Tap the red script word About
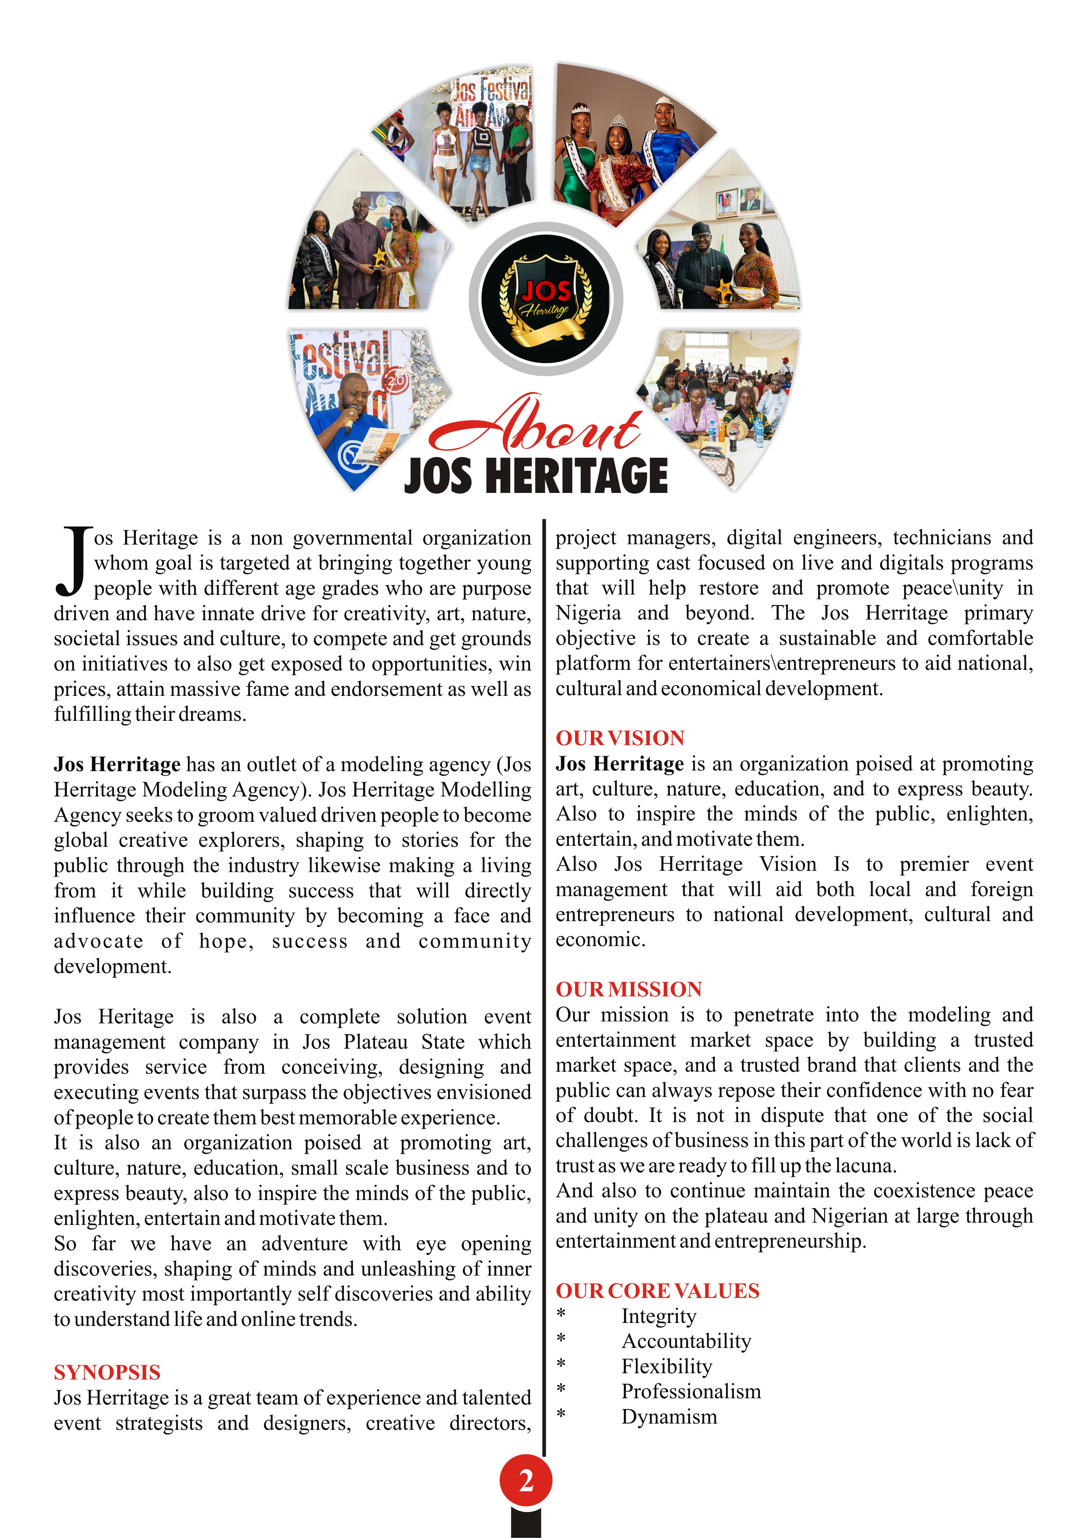click(x=536, y=426)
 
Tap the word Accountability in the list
click(x=686, y=1341)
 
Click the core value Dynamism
click(x=669, y=1417)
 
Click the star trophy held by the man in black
click(x=724, y=289)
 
